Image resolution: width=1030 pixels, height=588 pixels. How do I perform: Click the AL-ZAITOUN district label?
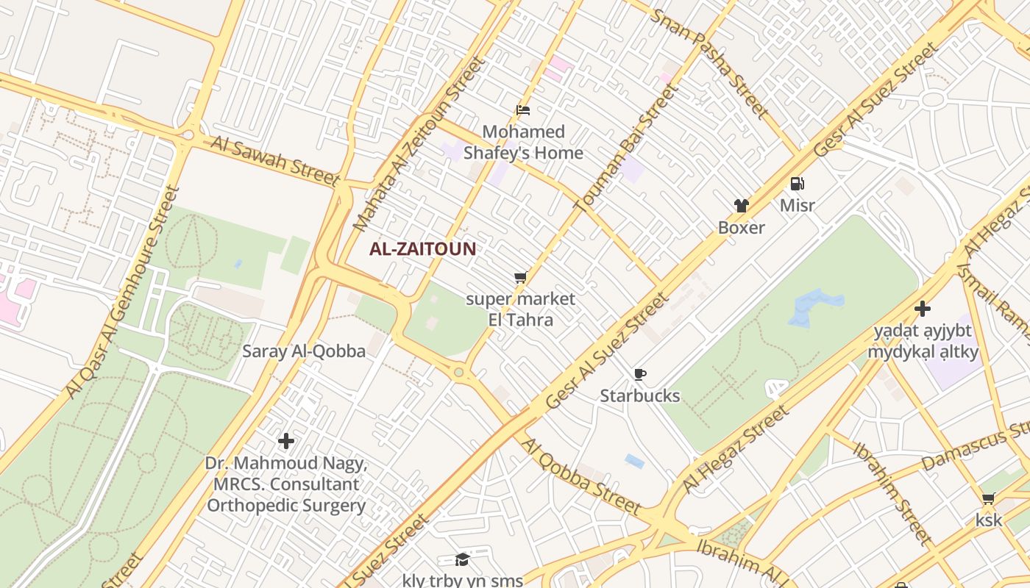(422, 248)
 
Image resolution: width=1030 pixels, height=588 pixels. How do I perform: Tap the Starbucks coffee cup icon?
(640, 375)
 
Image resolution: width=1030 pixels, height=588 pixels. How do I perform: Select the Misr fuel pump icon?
(797, 184)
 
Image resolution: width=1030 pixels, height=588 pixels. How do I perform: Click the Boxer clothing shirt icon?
(741, 207)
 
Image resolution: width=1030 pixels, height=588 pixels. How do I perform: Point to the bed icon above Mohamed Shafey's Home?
(523, 110)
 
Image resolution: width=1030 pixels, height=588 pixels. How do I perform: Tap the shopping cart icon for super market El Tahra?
(520, 278)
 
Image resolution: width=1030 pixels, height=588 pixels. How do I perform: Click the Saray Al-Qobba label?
(304, 351)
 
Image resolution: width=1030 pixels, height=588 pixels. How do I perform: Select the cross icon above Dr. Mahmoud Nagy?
(286, 441)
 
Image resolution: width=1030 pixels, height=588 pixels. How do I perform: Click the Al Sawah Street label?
(276, 160)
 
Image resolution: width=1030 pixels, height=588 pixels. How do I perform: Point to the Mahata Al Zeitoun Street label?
(421, 143)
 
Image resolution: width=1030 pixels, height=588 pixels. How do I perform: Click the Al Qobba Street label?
(580, 475)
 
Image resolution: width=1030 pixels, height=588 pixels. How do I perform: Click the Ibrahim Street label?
(892, 491)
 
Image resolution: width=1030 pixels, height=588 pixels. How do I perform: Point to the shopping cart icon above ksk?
(989, 499)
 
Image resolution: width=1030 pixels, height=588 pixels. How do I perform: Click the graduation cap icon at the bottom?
(462, 559)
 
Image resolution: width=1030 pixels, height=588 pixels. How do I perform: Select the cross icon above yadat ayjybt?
(923, 309)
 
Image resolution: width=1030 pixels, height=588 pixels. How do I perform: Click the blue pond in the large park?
(815, 306)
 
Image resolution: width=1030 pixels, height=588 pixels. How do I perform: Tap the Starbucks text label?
(640, 396)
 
